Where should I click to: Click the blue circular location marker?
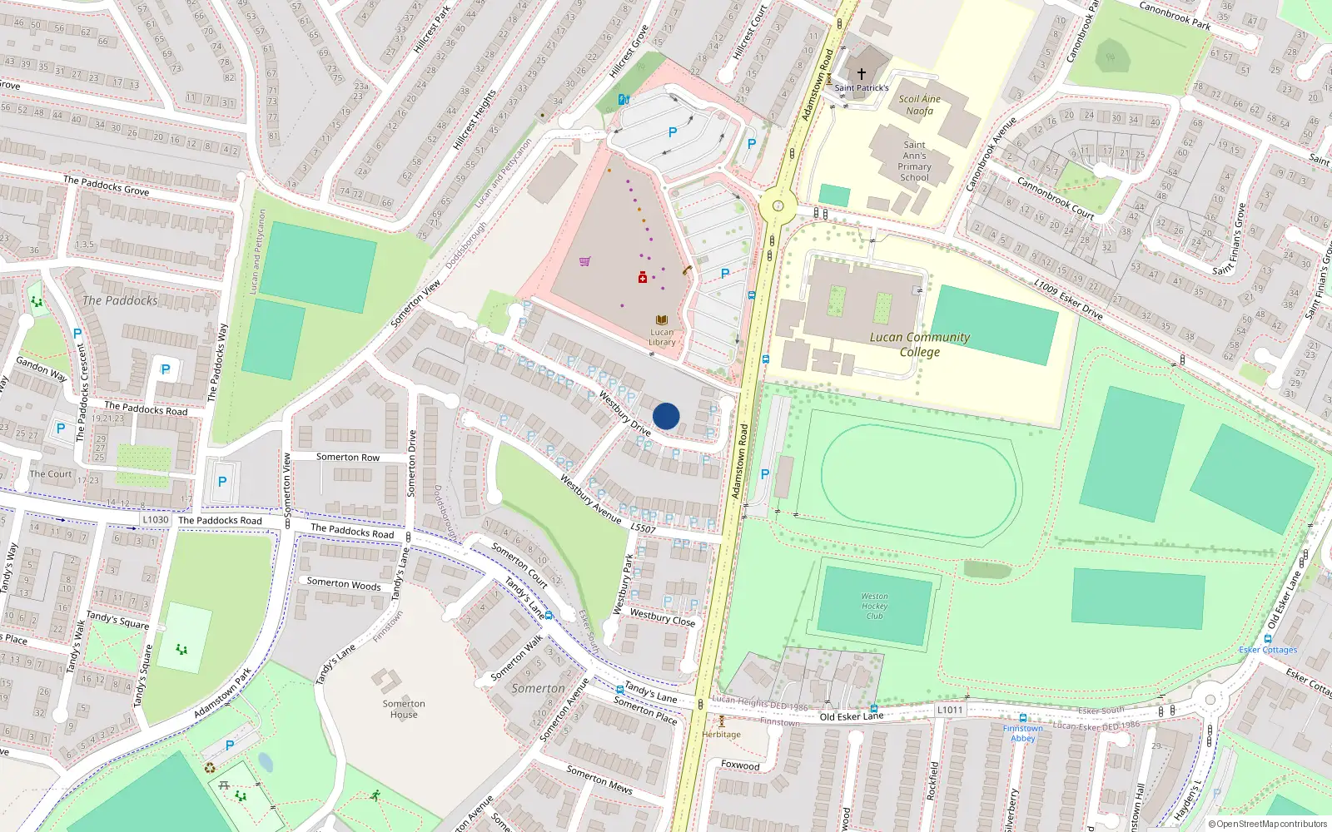coord(666,416)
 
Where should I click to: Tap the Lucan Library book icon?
coord(662,320)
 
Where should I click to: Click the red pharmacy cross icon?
coord(643,278)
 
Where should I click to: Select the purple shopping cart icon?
coord(585,261)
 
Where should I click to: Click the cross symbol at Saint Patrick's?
coord(862,74)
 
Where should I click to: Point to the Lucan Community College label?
coord(920,344)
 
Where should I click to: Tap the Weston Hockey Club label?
coord(874,607)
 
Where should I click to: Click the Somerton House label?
coord(404,709)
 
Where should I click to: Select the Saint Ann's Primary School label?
coord(914,161)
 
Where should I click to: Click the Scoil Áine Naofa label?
coord(919,105)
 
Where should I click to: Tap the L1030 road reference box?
coord(155,520)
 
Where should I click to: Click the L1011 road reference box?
coord(950,710)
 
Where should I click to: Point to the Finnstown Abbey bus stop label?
coord(1022,733)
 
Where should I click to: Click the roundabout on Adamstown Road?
coord(778,206)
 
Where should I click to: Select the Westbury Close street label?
coord(662,617)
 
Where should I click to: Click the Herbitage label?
coord(721,734)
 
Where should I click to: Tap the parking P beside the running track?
coord(765,474)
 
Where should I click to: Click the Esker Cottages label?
coord(1267,650)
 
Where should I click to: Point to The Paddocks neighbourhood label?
coord(120,300)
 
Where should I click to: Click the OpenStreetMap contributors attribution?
coord(1268,825)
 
